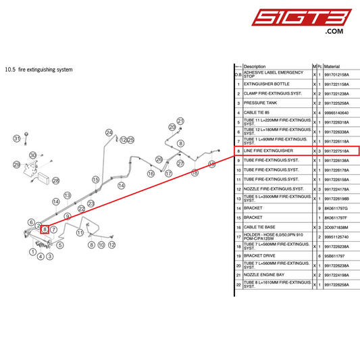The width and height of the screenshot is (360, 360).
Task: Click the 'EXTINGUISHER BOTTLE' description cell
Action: pyautogui.click(x=266, y=84)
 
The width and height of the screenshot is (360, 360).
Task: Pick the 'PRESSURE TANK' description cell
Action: pyautogui.click(x=259, y=103)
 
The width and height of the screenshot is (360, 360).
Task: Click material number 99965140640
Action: pyautogui.click(x=337, y=112)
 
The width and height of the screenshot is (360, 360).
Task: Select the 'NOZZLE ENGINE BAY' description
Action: pyautogui.click(x=264, y=276)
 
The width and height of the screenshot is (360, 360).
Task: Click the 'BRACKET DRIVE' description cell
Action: pyautogui.click(x=260, y=256)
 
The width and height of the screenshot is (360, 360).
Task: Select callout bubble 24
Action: pyautogui.click(x=109, y=132)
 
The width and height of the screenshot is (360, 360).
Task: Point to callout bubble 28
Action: pyautogui.click(x=56, y=180)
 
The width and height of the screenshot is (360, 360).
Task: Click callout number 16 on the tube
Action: pyautogui.click(x=151, y=174)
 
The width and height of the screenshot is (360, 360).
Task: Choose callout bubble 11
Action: pyautogui.click(x=80, y=233)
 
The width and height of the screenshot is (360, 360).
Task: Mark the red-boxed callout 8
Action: pyautogui.click(x=44, y=230)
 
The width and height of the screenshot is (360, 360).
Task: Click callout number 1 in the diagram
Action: pyautogui.click(x=33, y=252)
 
